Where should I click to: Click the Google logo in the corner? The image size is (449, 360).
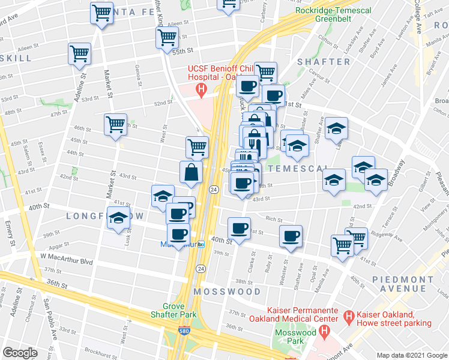coord(20,353)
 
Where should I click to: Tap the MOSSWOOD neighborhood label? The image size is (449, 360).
coord(227,292)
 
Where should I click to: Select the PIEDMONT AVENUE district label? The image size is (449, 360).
coord(410,286)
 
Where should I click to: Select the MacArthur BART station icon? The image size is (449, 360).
coord(202,244)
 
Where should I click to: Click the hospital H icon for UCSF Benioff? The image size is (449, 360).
coord(202,90)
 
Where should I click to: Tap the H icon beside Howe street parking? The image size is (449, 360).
coord(347,314)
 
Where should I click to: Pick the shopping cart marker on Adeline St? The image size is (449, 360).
coord(80,54)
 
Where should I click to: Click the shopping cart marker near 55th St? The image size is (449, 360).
coord(167,37)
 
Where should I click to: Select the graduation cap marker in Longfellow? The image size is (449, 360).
coord(118,221)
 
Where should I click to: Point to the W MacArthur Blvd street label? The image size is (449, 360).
coord(67,262)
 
